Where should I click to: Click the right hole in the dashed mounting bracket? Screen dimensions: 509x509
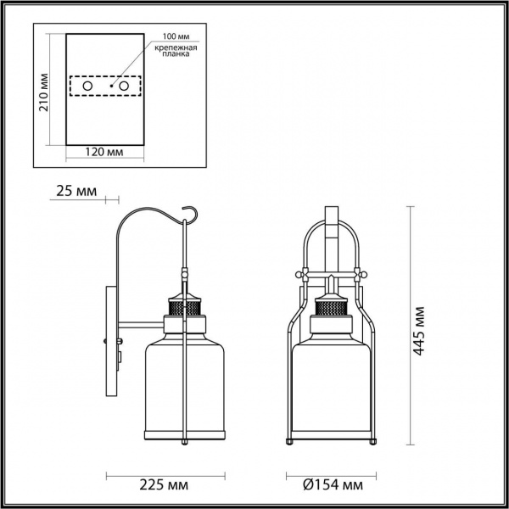pyautogui.click(x=126, y=87)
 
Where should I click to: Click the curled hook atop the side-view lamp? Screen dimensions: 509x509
pyautogui.click(x=193, y=217)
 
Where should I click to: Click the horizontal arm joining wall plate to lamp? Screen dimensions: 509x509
pyautogui.click(x=140, y=323)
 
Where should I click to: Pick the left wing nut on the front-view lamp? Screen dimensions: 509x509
pyautogui.click(x=300, y=274)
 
